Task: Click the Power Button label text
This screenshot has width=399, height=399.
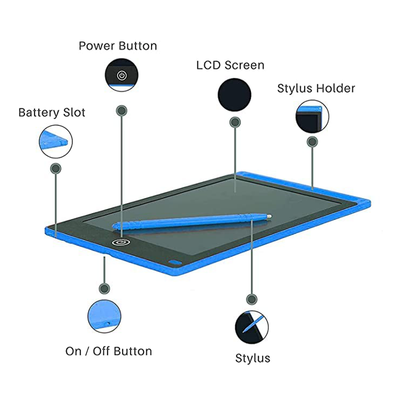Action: tap(118, 46)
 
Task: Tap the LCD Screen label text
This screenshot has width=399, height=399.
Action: tap(230, 65)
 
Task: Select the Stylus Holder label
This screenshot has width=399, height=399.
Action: tap(316, 89)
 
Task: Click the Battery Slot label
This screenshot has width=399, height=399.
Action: tap(52, 112)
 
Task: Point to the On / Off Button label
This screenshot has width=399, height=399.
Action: tap(108, 351)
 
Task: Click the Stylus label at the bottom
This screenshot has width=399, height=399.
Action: tap(252, 358)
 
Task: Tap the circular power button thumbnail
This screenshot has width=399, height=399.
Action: tap(122, 75)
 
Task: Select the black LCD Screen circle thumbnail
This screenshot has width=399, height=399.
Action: tap(234, 94)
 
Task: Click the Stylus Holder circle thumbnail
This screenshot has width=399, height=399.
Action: tap(312, 117)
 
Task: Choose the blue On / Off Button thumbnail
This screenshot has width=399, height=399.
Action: tap(104, 316)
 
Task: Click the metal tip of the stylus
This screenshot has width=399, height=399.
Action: tap(269, 216)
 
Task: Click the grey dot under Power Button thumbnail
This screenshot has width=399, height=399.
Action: tap(121, 110)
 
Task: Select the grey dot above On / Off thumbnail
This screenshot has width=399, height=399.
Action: tap(104, 288)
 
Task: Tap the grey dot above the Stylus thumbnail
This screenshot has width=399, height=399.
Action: tap(252, 299)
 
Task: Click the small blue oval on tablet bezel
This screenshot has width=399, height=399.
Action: tap(174, 263)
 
